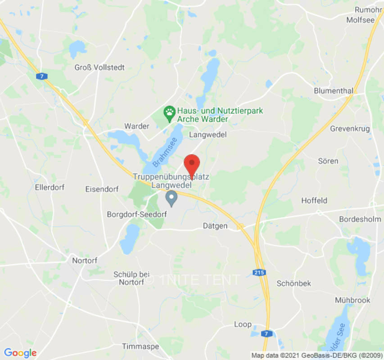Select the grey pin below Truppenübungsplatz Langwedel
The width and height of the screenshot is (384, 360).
(x=171, y=198)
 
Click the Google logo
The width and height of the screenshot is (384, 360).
(x=20, y=353)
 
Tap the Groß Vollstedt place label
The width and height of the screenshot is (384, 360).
(x=99, y=67)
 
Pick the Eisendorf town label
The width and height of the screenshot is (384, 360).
(x=102, y=189)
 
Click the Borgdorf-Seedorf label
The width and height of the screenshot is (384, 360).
(x=137, y=214)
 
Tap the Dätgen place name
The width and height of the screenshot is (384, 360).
(x=215, y=226)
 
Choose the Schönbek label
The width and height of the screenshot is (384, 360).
(x=294, y=283)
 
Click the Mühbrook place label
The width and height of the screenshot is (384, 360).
(x=352, y=300)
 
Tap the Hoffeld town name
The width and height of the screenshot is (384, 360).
(x=314, y=200)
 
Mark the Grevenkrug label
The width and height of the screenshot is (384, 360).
(x=350, y=129)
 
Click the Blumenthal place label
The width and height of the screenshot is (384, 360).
(x=333, y=90)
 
